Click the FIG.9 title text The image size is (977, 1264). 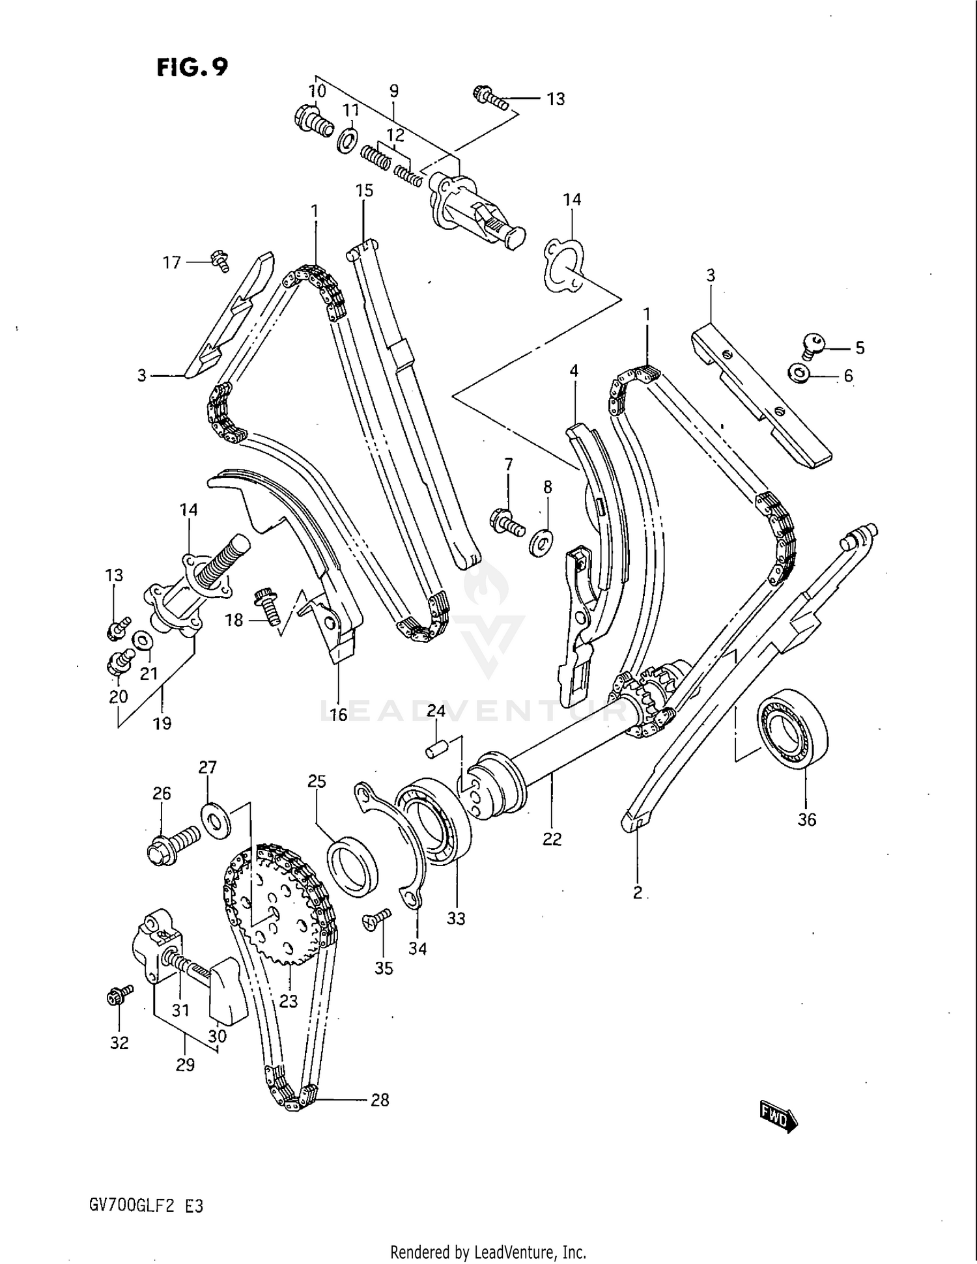[x=192, y=66]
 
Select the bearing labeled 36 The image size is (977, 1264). [x=793, y=728]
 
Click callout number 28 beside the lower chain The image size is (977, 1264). [x=379, y=1100]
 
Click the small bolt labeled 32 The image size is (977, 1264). [x=119, y=994]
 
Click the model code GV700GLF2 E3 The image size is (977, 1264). [x=146, y=1206]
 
